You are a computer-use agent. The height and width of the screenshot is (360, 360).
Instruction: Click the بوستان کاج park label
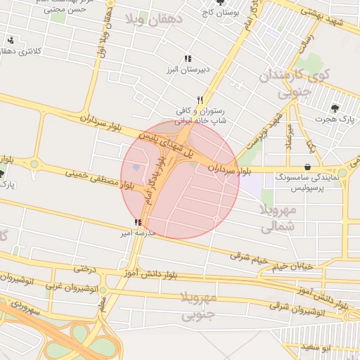coord(220,13)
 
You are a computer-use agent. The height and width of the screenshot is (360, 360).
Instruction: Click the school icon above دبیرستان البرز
coord(187,58)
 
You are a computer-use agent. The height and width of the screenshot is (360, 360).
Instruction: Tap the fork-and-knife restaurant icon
coord(200,100)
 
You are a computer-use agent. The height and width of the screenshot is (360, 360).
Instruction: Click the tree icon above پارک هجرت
coord(335,108)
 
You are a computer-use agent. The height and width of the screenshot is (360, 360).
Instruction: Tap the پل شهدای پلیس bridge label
coord(163,140)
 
